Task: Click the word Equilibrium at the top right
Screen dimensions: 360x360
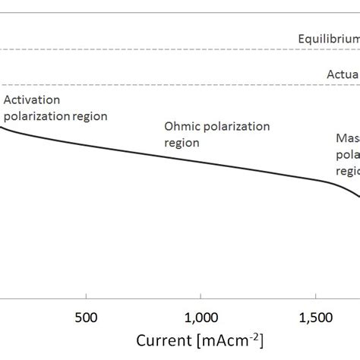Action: coord(328,38)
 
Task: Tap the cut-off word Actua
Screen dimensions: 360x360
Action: coord(343,74)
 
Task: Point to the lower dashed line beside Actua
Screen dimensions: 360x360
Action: coord(152,85)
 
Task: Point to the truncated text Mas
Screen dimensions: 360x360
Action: coord(347,138)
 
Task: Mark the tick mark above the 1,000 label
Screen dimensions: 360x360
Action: coord(201,299)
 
